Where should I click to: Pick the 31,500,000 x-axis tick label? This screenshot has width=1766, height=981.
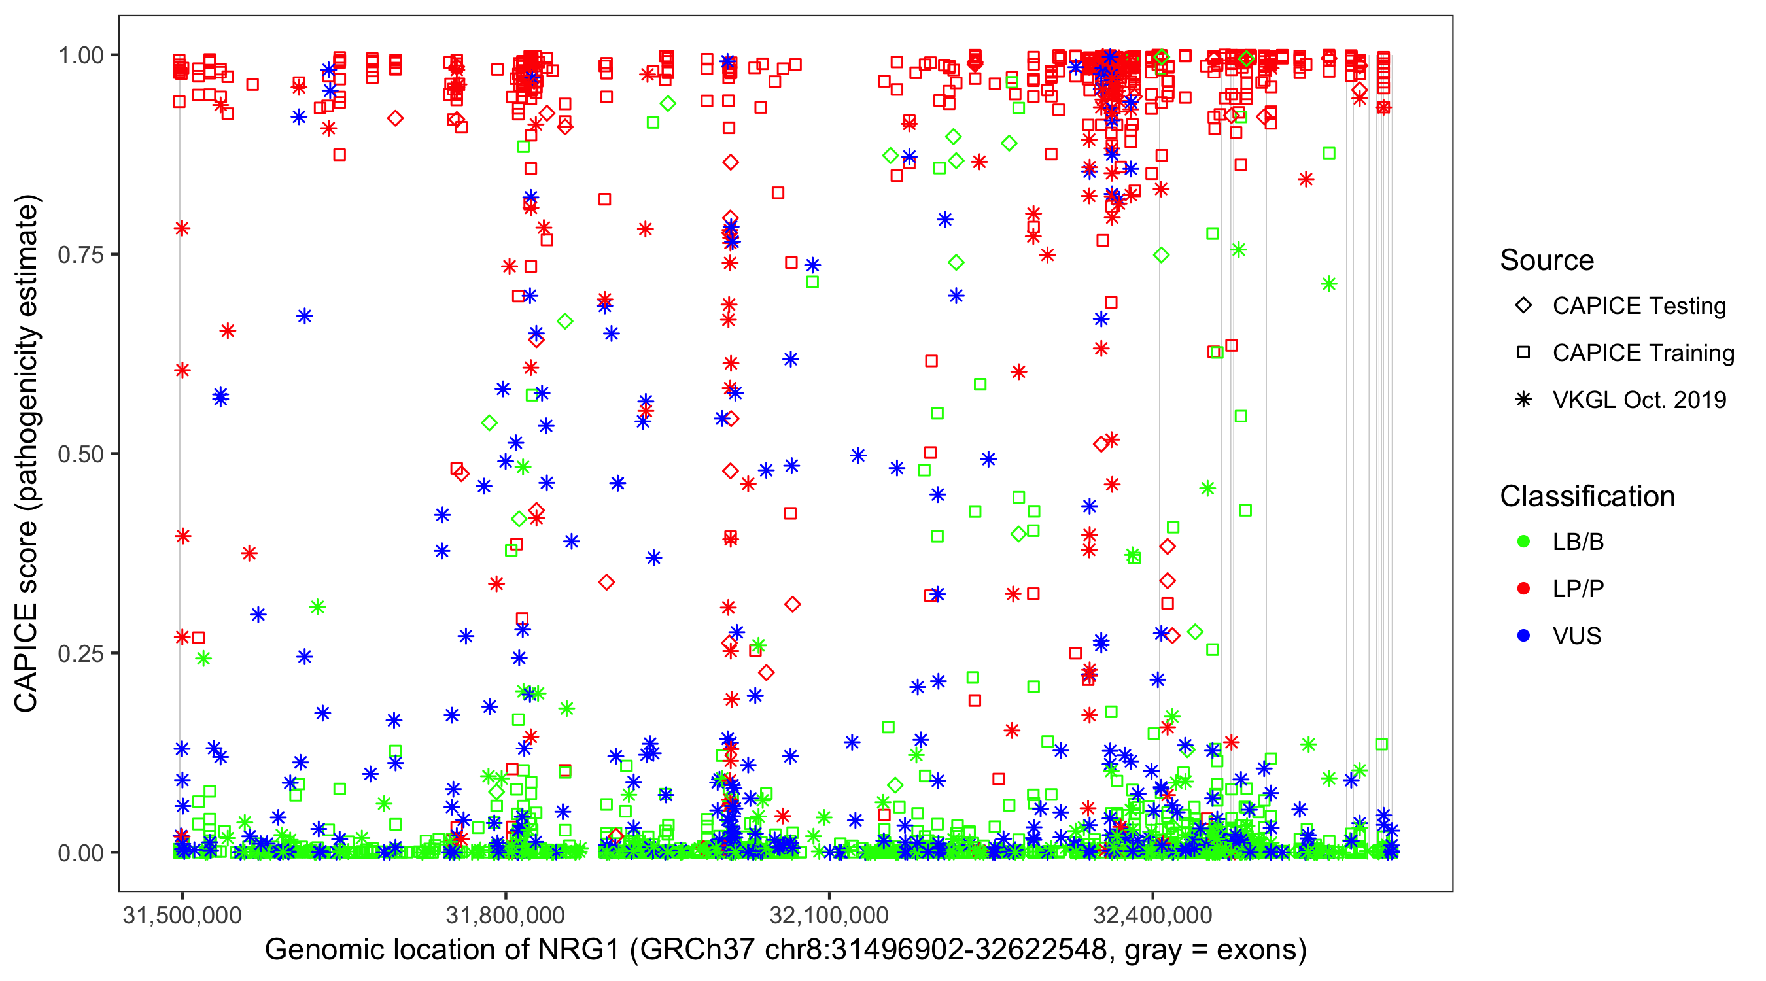[182, 915]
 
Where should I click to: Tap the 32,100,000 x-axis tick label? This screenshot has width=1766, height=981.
[829, 915]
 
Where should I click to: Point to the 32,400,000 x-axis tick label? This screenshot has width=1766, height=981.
[1152, 915]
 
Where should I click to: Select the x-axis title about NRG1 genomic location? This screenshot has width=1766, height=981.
[786, 950]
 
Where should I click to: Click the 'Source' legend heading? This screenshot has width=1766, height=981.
[1547, 260]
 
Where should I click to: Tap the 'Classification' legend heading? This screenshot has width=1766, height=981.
[1587, 496]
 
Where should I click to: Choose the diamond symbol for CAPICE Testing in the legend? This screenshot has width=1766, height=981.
[1523, 306]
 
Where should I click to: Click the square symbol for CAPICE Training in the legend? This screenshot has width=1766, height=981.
[1523, 353]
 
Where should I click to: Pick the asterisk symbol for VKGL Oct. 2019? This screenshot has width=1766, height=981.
[1523, 400]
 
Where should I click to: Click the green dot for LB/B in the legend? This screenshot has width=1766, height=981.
[1523, 542]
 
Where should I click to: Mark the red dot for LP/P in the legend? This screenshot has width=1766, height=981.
[1523, 589]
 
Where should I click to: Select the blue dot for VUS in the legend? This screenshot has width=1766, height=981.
[1523, 636]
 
